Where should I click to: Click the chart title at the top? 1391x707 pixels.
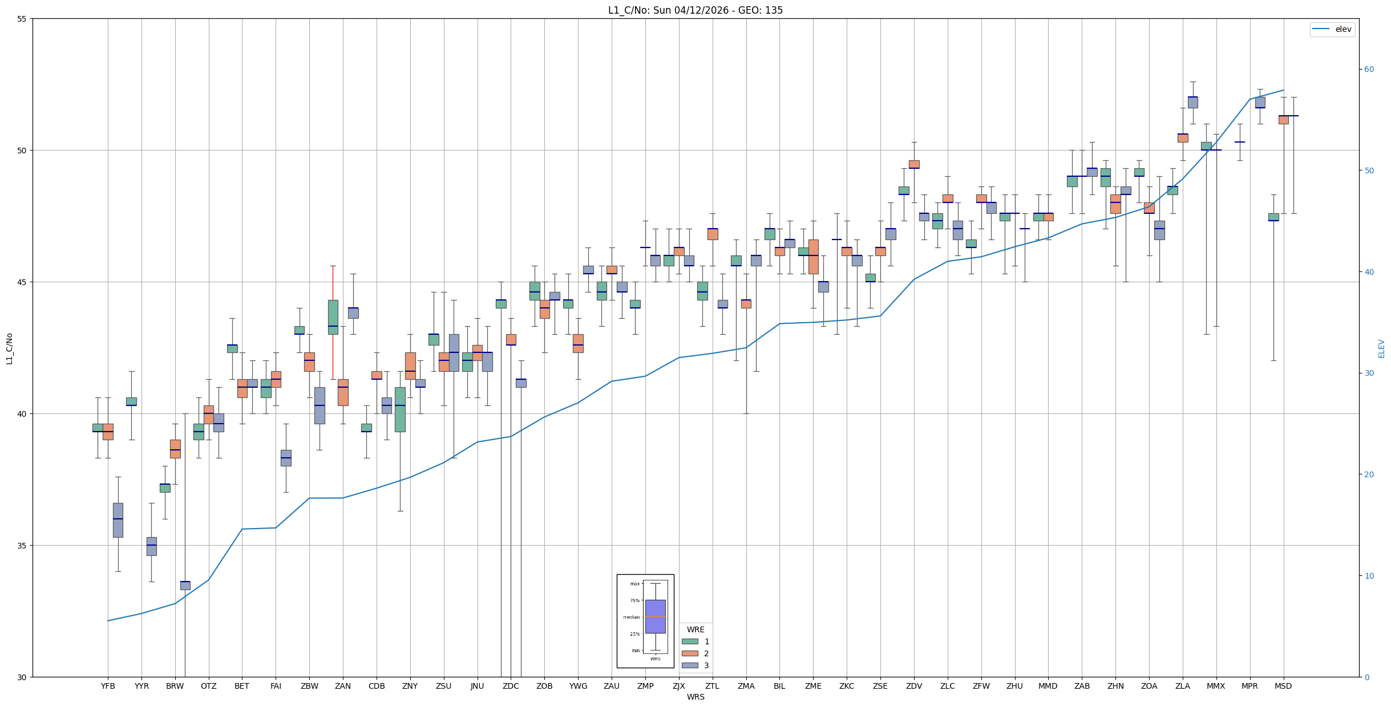pos(695,10)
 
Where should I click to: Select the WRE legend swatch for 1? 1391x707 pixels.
pos(690,641)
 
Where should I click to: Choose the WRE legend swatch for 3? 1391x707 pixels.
pos(690,665)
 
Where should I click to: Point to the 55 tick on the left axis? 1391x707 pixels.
pos(22,19)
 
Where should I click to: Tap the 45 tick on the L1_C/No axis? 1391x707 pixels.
pos(22,282)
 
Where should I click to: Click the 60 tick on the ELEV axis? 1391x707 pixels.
pos(1369,70)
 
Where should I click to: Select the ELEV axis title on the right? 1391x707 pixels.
pos(1381,348)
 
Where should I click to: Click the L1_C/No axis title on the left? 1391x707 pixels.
pos(9,348)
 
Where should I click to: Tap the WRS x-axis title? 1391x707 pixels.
pos(695,697)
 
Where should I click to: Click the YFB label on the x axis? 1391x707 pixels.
pos(108,686)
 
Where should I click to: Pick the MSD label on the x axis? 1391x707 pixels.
pos(1283,686)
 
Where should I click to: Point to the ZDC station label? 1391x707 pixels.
pos(511,686)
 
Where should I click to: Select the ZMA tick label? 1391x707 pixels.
pos(746,686)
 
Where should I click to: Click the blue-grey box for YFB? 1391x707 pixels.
pos(118,520)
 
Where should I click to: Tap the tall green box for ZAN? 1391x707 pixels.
pos(333,317)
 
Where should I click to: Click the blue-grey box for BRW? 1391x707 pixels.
pos(185,585)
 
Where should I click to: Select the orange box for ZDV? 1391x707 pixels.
pos(914,164)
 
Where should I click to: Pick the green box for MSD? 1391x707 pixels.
pos(1273,217)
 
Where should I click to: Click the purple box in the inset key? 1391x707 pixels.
pos(655,616)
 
